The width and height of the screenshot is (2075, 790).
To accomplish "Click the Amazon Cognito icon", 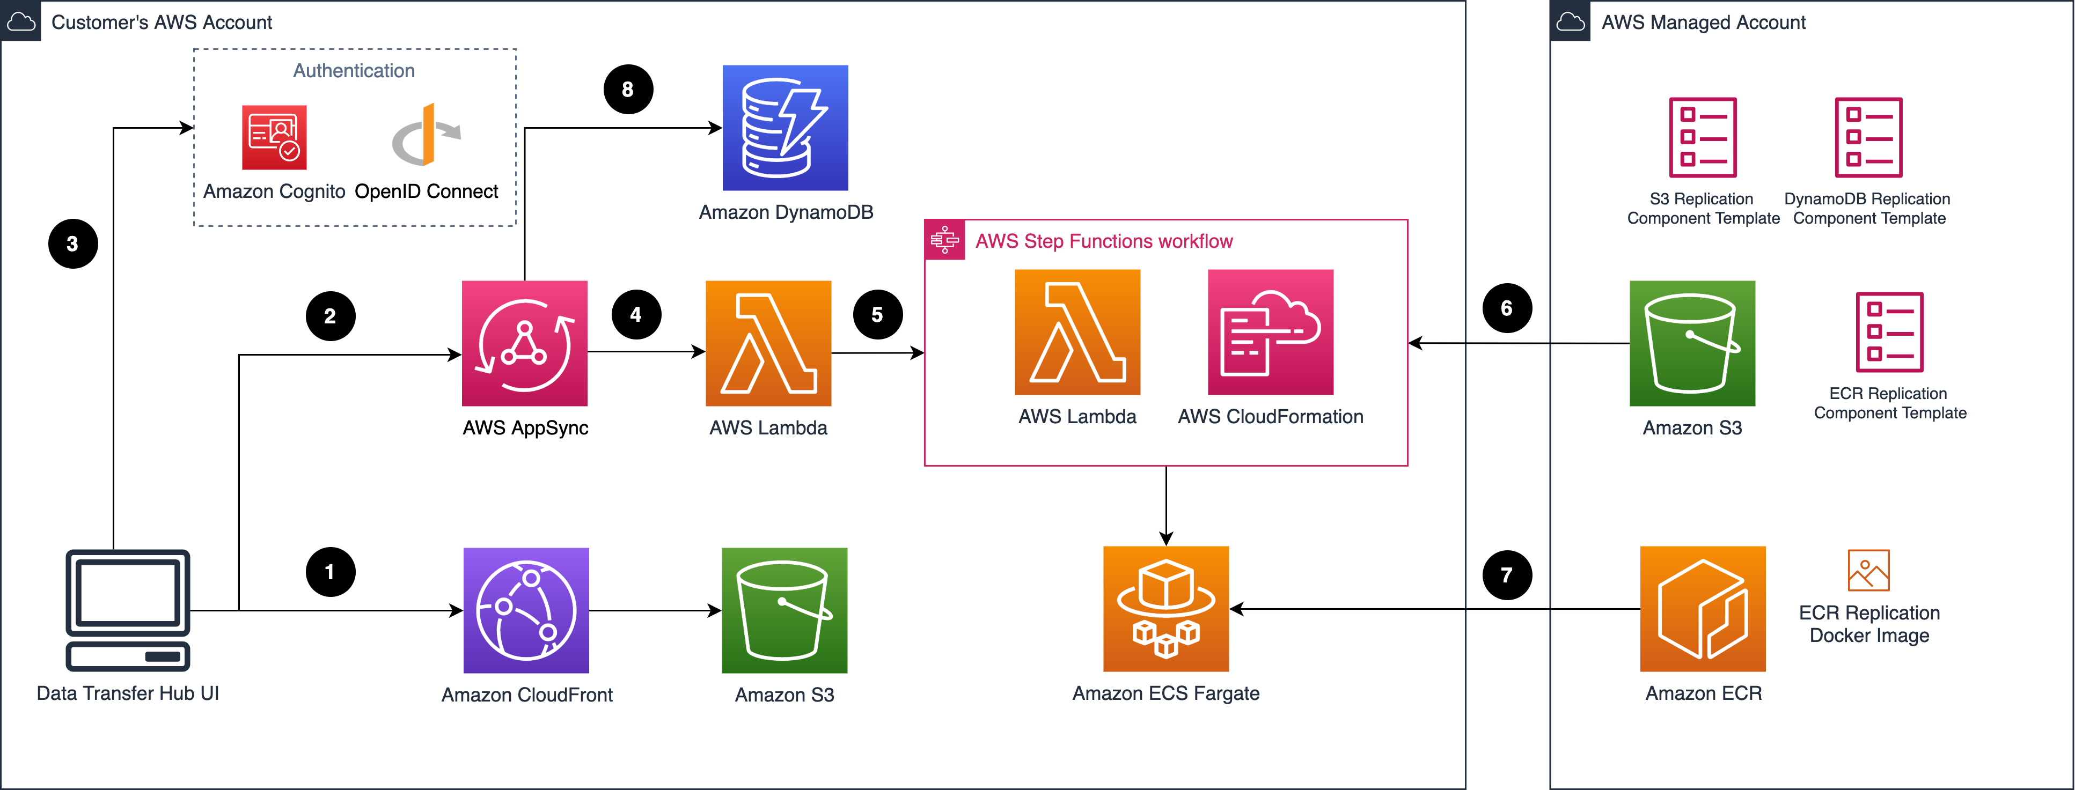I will pyautogui.click(x=274, y=137).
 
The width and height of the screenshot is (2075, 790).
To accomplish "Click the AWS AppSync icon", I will pyautogui.click(x=524, y=343).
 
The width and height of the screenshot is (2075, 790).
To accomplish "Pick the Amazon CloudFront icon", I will pyautogui.click(x=526, y=610).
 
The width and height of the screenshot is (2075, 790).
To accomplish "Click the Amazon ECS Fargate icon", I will pyautogui.click(x=1165, y=609).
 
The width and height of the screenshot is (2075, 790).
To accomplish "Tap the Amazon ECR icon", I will pyautogui.click(x=1702, y=609).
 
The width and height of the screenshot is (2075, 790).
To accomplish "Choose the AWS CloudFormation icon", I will pyautogui.click(x=1270, y=332).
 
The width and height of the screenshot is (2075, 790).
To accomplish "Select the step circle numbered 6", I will pyautogui.click(x=1506, y=308).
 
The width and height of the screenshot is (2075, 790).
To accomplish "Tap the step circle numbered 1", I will pyautogui.click(x=330, y=572).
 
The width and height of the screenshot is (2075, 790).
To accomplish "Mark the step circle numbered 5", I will pyautogui.click(x=877, y=315).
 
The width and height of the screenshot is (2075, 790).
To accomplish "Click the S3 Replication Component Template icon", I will pyautogui.click(x=1702, y=137).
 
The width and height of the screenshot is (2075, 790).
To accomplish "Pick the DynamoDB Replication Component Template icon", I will pyautogui.click(x=1868, y=137).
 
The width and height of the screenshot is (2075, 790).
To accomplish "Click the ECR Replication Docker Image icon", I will pyautogui.click(x=1868, y=570).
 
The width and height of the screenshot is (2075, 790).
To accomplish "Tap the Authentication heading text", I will pyautogui.click(x=354, y=71).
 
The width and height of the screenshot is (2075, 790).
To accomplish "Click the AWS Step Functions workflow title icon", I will pyautogui.click(x=944, y=240).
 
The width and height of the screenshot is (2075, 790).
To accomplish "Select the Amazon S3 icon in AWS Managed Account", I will pyautogui.click(x=1691, y=343).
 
